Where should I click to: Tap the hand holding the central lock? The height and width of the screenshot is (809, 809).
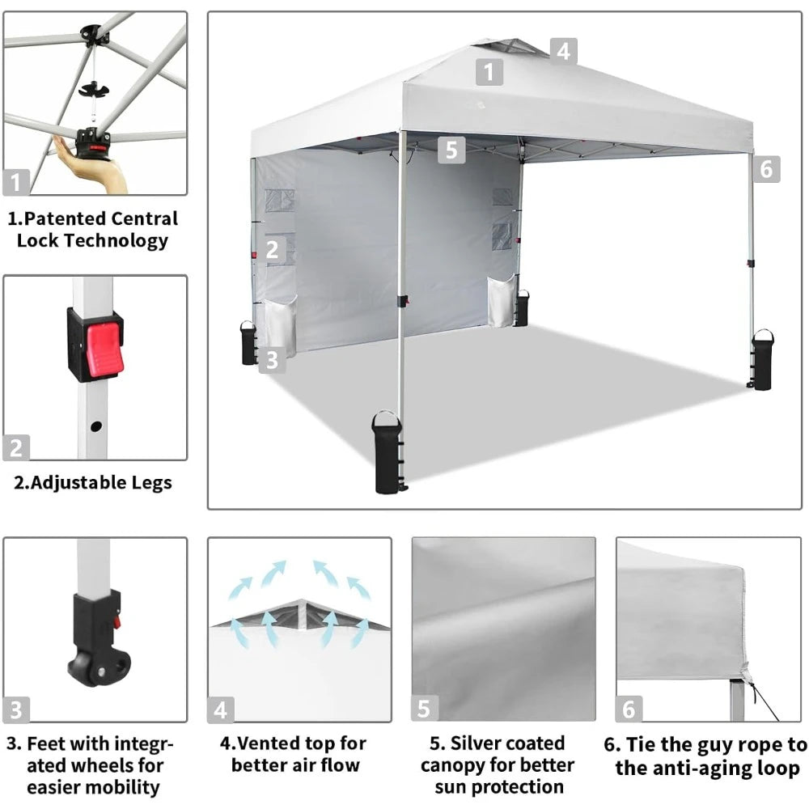(x=97, y=166)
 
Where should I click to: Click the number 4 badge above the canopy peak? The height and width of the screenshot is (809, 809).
(x=564, y=51)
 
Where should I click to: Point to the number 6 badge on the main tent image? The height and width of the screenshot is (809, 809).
(x=767, y=169)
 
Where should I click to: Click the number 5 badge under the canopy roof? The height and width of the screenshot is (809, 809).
(x=451, y=150)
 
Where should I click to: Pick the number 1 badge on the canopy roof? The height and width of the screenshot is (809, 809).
(x=489, y=73)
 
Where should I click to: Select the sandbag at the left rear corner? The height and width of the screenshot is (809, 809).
(x=248, y=343)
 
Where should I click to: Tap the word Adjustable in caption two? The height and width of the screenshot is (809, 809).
(x=80, y=483)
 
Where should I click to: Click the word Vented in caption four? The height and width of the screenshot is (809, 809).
(x=271, y=743)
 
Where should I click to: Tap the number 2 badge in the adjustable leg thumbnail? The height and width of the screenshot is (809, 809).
(x=16, y=447)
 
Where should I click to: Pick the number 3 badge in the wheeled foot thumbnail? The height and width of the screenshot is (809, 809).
(x=17, y=709)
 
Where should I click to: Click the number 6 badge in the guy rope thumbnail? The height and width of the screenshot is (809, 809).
(x=629, y=709)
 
